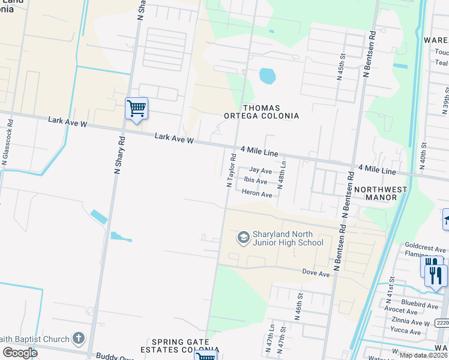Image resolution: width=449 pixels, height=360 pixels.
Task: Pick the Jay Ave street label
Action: (x=261, y=171)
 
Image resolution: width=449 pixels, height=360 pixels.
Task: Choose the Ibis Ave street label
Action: (x=256, y=181)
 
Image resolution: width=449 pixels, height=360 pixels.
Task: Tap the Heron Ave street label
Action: (x=258, y=194)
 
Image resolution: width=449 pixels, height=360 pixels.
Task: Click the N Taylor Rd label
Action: (x=231, y=170)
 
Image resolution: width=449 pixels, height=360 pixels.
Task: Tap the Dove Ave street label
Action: (x=316, y=273)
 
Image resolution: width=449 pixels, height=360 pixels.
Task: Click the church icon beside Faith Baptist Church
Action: (x=79, y=339)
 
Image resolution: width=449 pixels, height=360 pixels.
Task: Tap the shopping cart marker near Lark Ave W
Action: (x=136, y=109)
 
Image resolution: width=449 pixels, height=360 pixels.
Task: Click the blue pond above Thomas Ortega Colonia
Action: (x=267, y=76)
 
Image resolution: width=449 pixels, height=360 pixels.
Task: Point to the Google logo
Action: (x=20, y=352)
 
